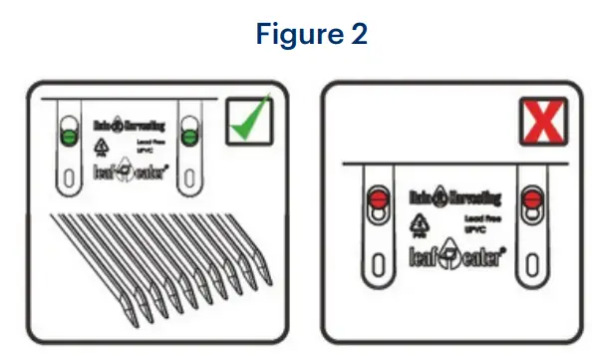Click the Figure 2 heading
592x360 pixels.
click(x=296, y=33)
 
